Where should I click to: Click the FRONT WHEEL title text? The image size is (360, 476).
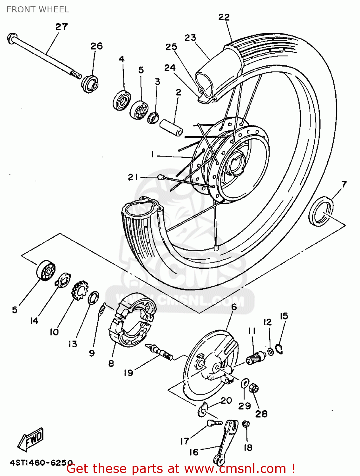(37, 10)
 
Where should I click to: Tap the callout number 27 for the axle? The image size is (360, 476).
(62, 27)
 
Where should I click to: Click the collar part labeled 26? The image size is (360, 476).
(90, 83)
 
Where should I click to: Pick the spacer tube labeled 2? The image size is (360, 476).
(171, 128)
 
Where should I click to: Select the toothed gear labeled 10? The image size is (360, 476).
(79, 291)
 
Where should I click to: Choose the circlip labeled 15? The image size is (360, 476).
(279, 348)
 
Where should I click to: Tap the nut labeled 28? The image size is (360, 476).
(254, 388)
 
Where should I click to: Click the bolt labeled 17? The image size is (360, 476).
(214, 423)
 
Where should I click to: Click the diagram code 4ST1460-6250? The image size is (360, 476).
(41, 463)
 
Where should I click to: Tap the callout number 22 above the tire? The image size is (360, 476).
(224, 17)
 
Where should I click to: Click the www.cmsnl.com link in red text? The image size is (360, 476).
(235, 468)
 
